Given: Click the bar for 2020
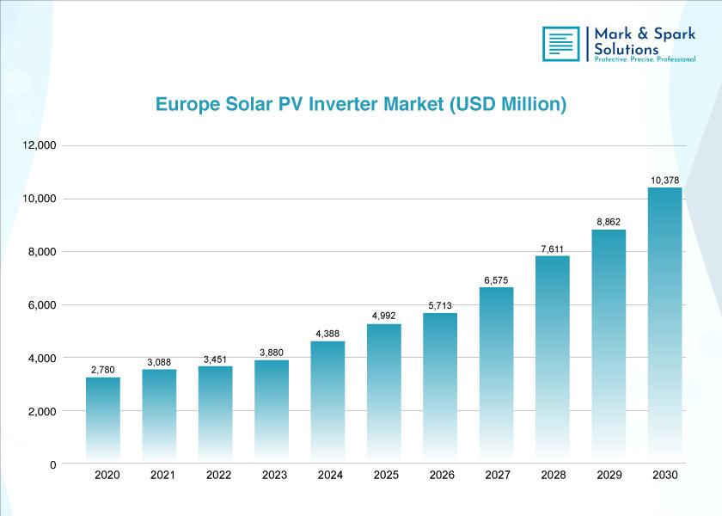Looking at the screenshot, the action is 103,420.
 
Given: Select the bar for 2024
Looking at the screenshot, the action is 327,402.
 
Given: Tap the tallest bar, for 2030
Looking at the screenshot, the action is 665,325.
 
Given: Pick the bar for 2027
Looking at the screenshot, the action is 497,375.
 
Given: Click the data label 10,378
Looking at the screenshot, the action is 664,180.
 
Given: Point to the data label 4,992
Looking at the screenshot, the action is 384,316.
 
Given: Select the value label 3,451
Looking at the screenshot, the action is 215,359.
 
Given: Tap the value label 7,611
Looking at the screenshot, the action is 552,249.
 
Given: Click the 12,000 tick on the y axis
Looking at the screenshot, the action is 40,145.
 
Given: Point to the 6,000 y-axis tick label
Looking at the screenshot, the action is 42,305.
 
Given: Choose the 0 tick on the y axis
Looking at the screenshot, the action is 53,465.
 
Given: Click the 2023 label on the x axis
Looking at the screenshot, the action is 274,475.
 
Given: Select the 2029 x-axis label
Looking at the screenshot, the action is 609,475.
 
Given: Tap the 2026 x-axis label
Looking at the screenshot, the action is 442,475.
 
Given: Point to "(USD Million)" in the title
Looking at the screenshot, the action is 508,105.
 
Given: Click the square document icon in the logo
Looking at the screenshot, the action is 560,44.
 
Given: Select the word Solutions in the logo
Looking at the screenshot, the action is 627,49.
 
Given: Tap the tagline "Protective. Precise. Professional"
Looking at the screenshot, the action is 645,59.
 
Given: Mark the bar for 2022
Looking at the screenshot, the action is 216,415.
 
